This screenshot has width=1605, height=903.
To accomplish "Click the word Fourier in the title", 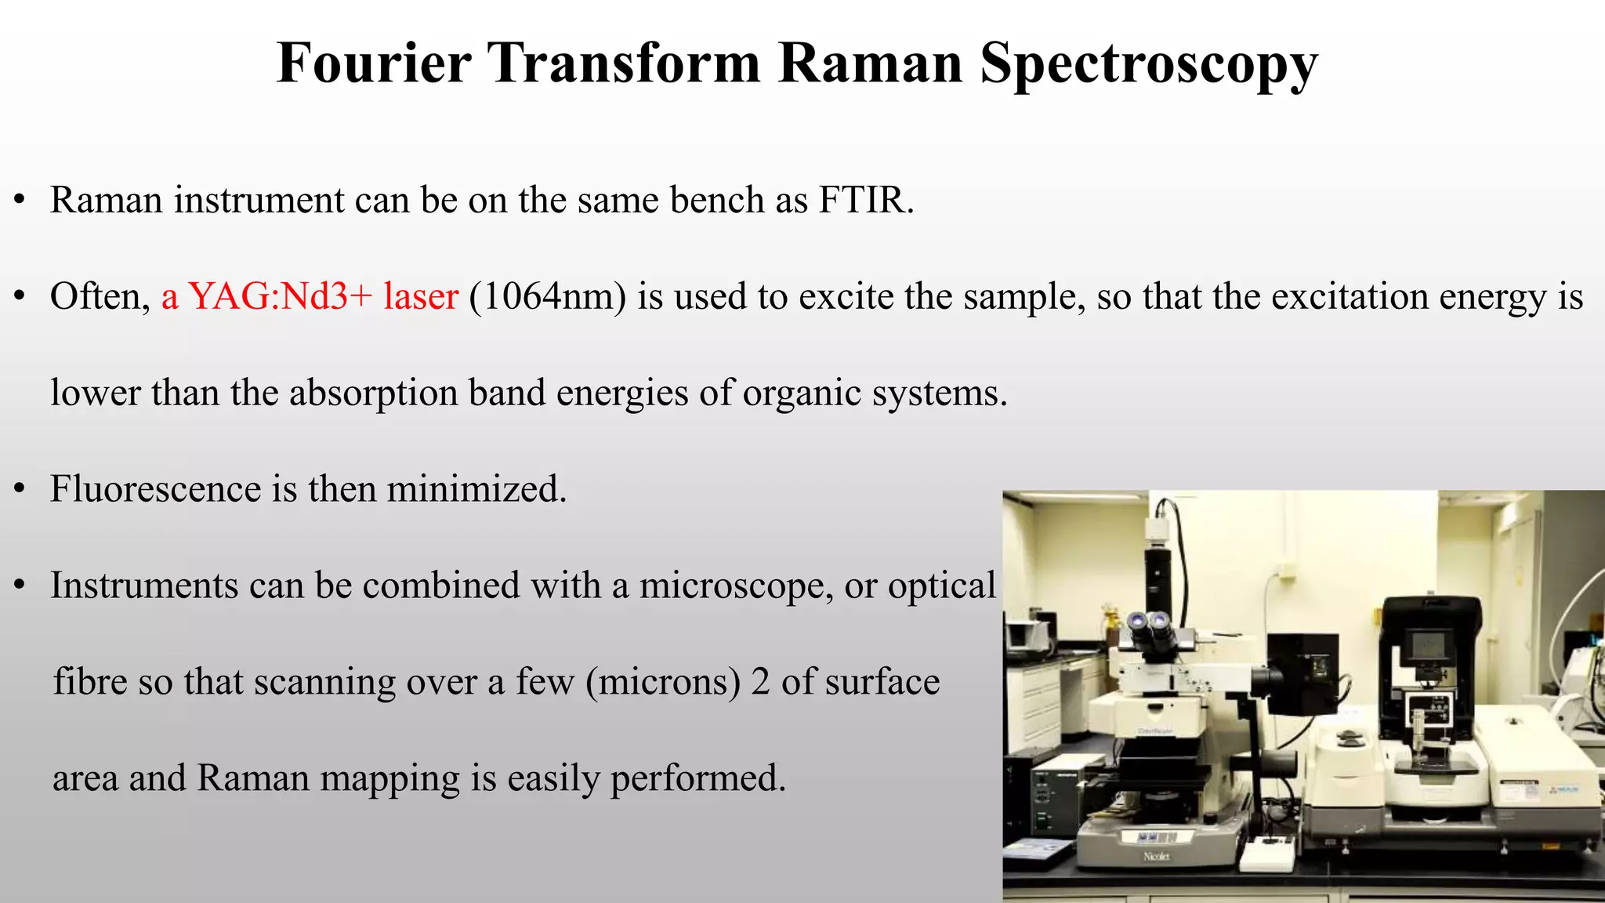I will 374,63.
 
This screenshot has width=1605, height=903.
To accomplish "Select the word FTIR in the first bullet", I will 865,200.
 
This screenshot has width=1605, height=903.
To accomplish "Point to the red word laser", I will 421,296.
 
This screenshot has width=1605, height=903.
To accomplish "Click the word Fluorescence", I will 155,489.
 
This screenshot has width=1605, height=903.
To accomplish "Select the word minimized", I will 476,489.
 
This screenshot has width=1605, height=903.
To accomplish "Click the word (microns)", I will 663,682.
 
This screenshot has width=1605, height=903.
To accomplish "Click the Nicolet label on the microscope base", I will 1156,857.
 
